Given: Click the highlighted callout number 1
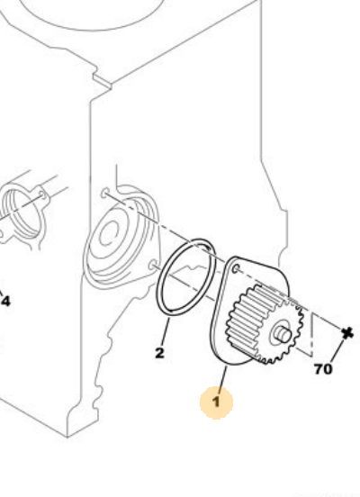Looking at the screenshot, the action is point(216,402).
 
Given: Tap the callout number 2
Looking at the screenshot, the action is point(160,353).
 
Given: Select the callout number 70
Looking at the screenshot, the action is point(323,369).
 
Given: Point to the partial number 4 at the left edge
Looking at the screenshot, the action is point(5,301).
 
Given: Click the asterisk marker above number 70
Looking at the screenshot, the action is point(347,333).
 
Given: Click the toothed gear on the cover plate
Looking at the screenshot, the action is point(265,324).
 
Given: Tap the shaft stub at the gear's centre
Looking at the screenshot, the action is point(283,334).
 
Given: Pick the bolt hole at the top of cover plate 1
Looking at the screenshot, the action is point(236,269).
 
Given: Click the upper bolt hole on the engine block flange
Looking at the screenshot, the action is point(105,193).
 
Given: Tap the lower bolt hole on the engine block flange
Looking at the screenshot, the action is point(154,265).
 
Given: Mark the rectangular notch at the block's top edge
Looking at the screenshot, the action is point(102,79).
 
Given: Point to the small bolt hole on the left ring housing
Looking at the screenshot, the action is point(41,194).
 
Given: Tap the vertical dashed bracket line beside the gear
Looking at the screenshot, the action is point(312,334).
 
